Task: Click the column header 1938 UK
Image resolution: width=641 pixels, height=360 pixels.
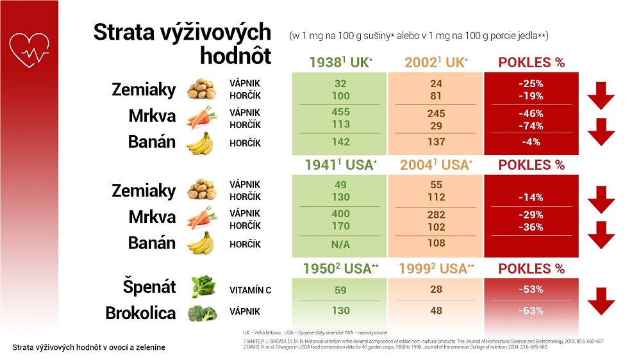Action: (339, 63)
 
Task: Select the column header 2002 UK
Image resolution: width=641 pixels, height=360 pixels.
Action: (436, 63)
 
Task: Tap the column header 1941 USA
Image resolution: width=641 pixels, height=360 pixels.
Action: (339, 165)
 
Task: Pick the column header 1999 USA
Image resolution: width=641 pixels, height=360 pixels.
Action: (436, 268)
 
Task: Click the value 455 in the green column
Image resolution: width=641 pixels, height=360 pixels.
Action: (340, 112)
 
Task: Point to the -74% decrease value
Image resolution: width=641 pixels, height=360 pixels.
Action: (531, 126)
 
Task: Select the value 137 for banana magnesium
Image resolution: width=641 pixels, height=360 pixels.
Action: (436, 142)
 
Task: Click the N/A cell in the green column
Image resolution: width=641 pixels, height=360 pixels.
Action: (340, 245)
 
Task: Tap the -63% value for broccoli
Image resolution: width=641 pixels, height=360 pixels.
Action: (531, 311)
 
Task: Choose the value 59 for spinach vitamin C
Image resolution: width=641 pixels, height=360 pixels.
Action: (340, 290)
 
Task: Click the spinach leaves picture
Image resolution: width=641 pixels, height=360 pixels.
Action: (204, 286)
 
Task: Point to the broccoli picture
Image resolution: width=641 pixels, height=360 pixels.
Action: (204, 313)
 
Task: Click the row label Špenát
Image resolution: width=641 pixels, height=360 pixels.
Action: (149, 287)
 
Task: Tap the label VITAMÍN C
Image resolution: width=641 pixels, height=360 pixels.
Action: (251, 290)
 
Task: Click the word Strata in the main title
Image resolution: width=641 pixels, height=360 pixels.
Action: (126, 32)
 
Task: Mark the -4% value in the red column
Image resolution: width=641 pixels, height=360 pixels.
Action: (531, 142)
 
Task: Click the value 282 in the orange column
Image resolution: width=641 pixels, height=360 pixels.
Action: (436, 215)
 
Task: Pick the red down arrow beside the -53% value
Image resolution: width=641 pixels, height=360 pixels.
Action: (601, 300)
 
